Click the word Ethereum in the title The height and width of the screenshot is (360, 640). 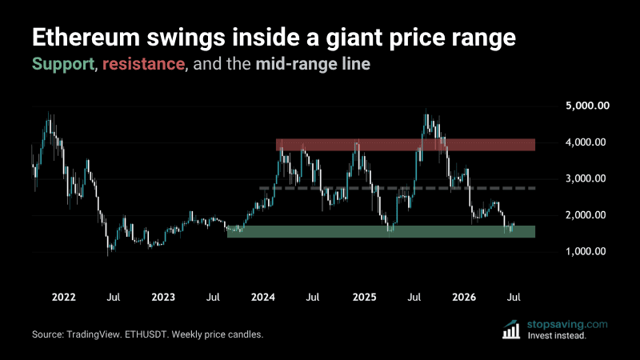[x=86, y=37]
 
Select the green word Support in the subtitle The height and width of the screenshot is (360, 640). [x=63, y=65]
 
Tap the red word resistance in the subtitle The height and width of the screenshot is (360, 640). [x=143, y=64]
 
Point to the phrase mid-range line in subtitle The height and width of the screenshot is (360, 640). [x=313, y=64]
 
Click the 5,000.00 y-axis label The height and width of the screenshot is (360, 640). [x=587, y=106]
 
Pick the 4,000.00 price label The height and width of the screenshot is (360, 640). [x=586, y=142]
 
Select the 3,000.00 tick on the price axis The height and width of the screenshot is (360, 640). [x=586, y=178]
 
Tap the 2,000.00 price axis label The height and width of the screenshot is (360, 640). [x=586, y=214]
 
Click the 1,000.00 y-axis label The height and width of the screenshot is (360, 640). [x=586, y=251]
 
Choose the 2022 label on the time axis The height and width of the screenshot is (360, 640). [x=64, y=297]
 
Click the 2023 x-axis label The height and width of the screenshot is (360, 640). [x=163, y=297]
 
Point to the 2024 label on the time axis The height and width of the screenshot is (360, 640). [x=263, y=297]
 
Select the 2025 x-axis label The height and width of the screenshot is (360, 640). [x=364, y=297]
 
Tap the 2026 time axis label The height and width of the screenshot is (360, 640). [x=464, y=297]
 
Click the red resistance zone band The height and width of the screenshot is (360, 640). [x=406, y=145]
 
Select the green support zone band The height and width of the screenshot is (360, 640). [x=382, y=231]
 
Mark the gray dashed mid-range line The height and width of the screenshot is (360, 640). [x=397, y=188]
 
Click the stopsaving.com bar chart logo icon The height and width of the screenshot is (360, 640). [x=511, y=330]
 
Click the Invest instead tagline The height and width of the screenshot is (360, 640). [x=557, y=335]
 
